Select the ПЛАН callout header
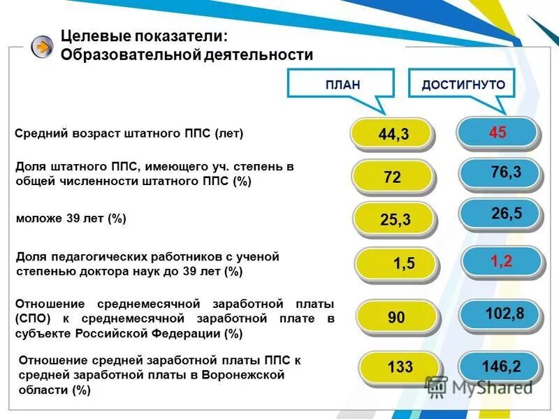pyautogui.click(x=342, y=84)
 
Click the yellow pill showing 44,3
pyautogui.click(x=393, y=134)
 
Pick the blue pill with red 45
pyautogui.click(x=498, y=132)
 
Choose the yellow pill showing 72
pyautogui.click(x=393, y=177)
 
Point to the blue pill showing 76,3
pyautogui.click(x=500, y=173)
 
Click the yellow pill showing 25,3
pyautogui.click(x=395, y=220)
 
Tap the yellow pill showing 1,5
pyautogui.click(x=397, y=263)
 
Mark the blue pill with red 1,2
pyautogui.click(x=502, y=261)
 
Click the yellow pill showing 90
pyautogui.click(x=397, y=318)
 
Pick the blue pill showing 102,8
pyautogui.click(x=502, y=314)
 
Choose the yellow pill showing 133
pyautogui.click(x=399, y=367)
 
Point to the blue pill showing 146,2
pyautogui.click(x=500, y=365)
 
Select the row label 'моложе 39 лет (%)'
pyautogui.click(x=71, y=219)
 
